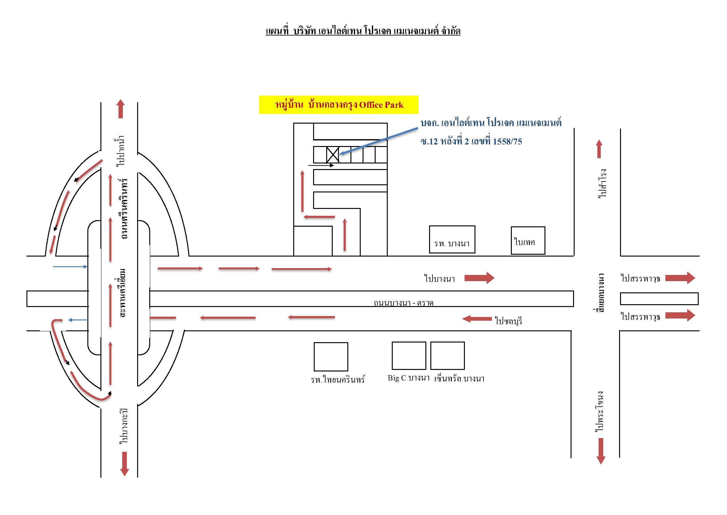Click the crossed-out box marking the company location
(332, 155)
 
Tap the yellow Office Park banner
(339, 105)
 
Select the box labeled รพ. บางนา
(452, 239)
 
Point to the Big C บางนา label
(409, 378)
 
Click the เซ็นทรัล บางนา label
(460, 378)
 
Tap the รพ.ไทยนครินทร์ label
(338, 379)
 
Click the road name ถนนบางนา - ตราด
(403, 303)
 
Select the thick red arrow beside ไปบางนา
(479, 278)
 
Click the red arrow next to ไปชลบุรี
(477, 319)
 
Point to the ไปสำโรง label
(602, 184)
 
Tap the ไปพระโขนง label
(600, 412)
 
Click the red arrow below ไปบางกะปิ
(124, 464)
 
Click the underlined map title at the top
(363, 31)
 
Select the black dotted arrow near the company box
(321, 165)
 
